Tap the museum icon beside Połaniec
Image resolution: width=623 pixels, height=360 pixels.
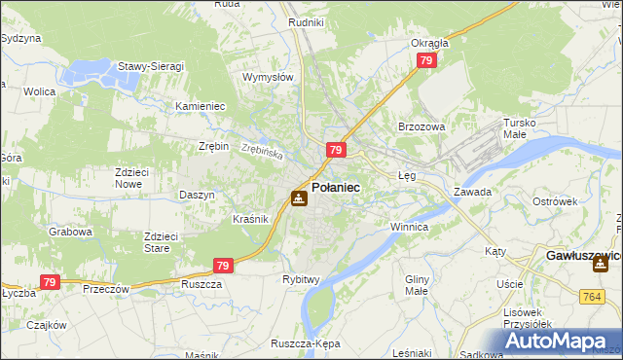(299, 198)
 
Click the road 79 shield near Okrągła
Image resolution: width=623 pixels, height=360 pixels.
(425, 60)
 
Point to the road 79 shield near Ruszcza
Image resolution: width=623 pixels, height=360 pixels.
(223, 265)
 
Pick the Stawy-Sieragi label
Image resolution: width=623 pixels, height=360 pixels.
(151, 66)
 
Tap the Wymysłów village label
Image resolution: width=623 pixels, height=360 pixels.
(267, 77)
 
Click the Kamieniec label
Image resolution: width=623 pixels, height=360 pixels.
(200, 106)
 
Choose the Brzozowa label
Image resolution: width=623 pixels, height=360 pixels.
(421, 126)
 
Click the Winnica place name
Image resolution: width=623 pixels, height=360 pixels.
(409, 227)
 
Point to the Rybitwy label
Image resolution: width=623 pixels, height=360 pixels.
(302, 279)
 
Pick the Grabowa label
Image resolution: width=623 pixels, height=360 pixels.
(71, 233)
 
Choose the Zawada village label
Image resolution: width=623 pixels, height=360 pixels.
(472, 192)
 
